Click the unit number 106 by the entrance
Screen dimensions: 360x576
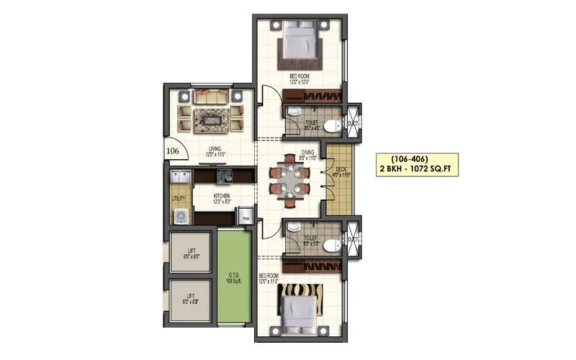[172, 151]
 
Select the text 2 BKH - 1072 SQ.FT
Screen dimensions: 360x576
[417, 170]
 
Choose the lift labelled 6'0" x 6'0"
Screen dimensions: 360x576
[191, 252]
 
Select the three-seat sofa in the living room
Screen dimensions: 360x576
[210, 94]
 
